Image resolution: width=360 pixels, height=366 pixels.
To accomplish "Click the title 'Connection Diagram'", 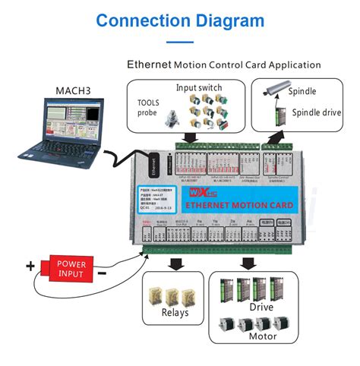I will (x=180, y=20).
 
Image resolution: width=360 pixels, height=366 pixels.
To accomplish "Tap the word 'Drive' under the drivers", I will (x=261, y=307).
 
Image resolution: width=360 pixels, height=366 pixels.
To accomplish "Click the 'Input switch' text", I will (x=200, y=87).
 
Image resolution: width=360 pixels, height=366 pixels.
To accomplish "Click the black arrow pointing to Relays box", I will (x=175, y=263).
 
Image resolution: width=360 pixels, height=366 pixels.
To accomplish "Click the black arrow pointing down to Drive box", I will (x=246, y=263).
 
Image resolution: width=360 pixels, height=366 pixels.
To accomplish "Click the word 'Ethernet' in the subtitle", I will (x=150, y=65).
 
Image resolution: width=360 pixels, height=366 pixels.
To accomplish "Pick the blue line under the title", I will (x=180, y=43).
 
